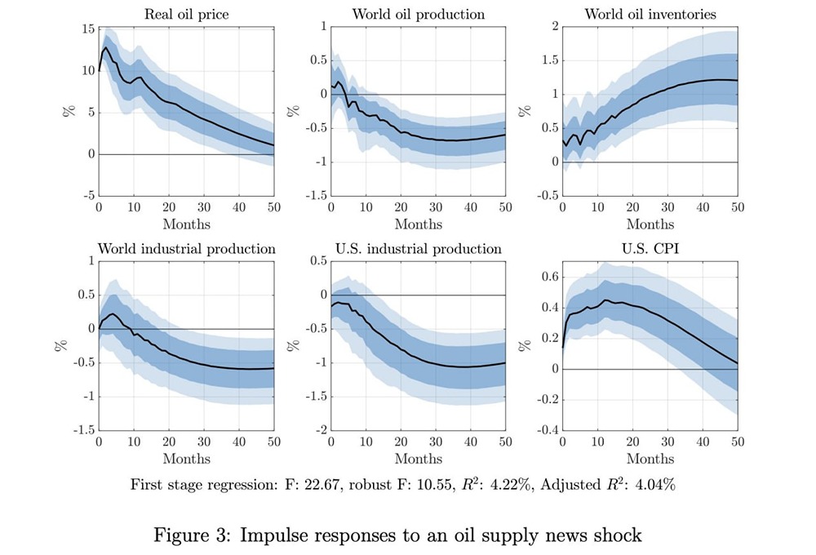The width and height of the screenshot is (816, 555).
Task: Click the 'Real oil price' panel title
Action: [x=186, y=14]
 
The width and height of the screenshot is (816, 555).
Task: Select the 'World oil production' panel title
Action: [x=418, y=14]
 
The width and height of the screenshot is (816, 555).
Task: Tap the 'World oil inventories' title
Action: [x=650, y=14]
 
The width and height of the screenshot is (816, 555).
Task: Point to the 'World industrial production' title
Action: [x=186, y=248]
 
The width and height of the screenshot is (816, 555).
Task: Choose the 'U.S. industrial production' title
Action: [x=418, y=248]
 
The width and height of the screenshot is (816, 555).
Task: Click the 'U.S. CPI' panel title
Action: [x=650, y=248]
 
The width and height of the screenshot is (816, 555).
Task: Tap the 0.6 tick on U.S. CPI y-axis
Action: [x=548, y=277]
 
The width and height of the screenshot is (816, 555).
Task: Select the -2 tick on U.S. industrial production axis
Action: [x=319, y=429]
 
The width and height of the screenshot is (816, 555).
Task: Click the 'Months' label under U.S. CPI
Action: [x=650, y=459]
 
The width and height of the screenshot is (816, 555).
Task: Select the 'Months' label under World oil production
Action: [x=418, y=224]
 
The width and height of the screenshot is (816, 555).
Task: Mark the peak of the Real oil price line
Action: [x=106, y=47]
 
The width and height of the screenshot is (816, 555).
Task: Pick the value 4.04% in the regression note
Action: [x=654, y=485]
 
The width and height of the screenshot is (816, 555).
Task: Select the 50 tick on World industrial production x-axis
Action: [x=273, y=442]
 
